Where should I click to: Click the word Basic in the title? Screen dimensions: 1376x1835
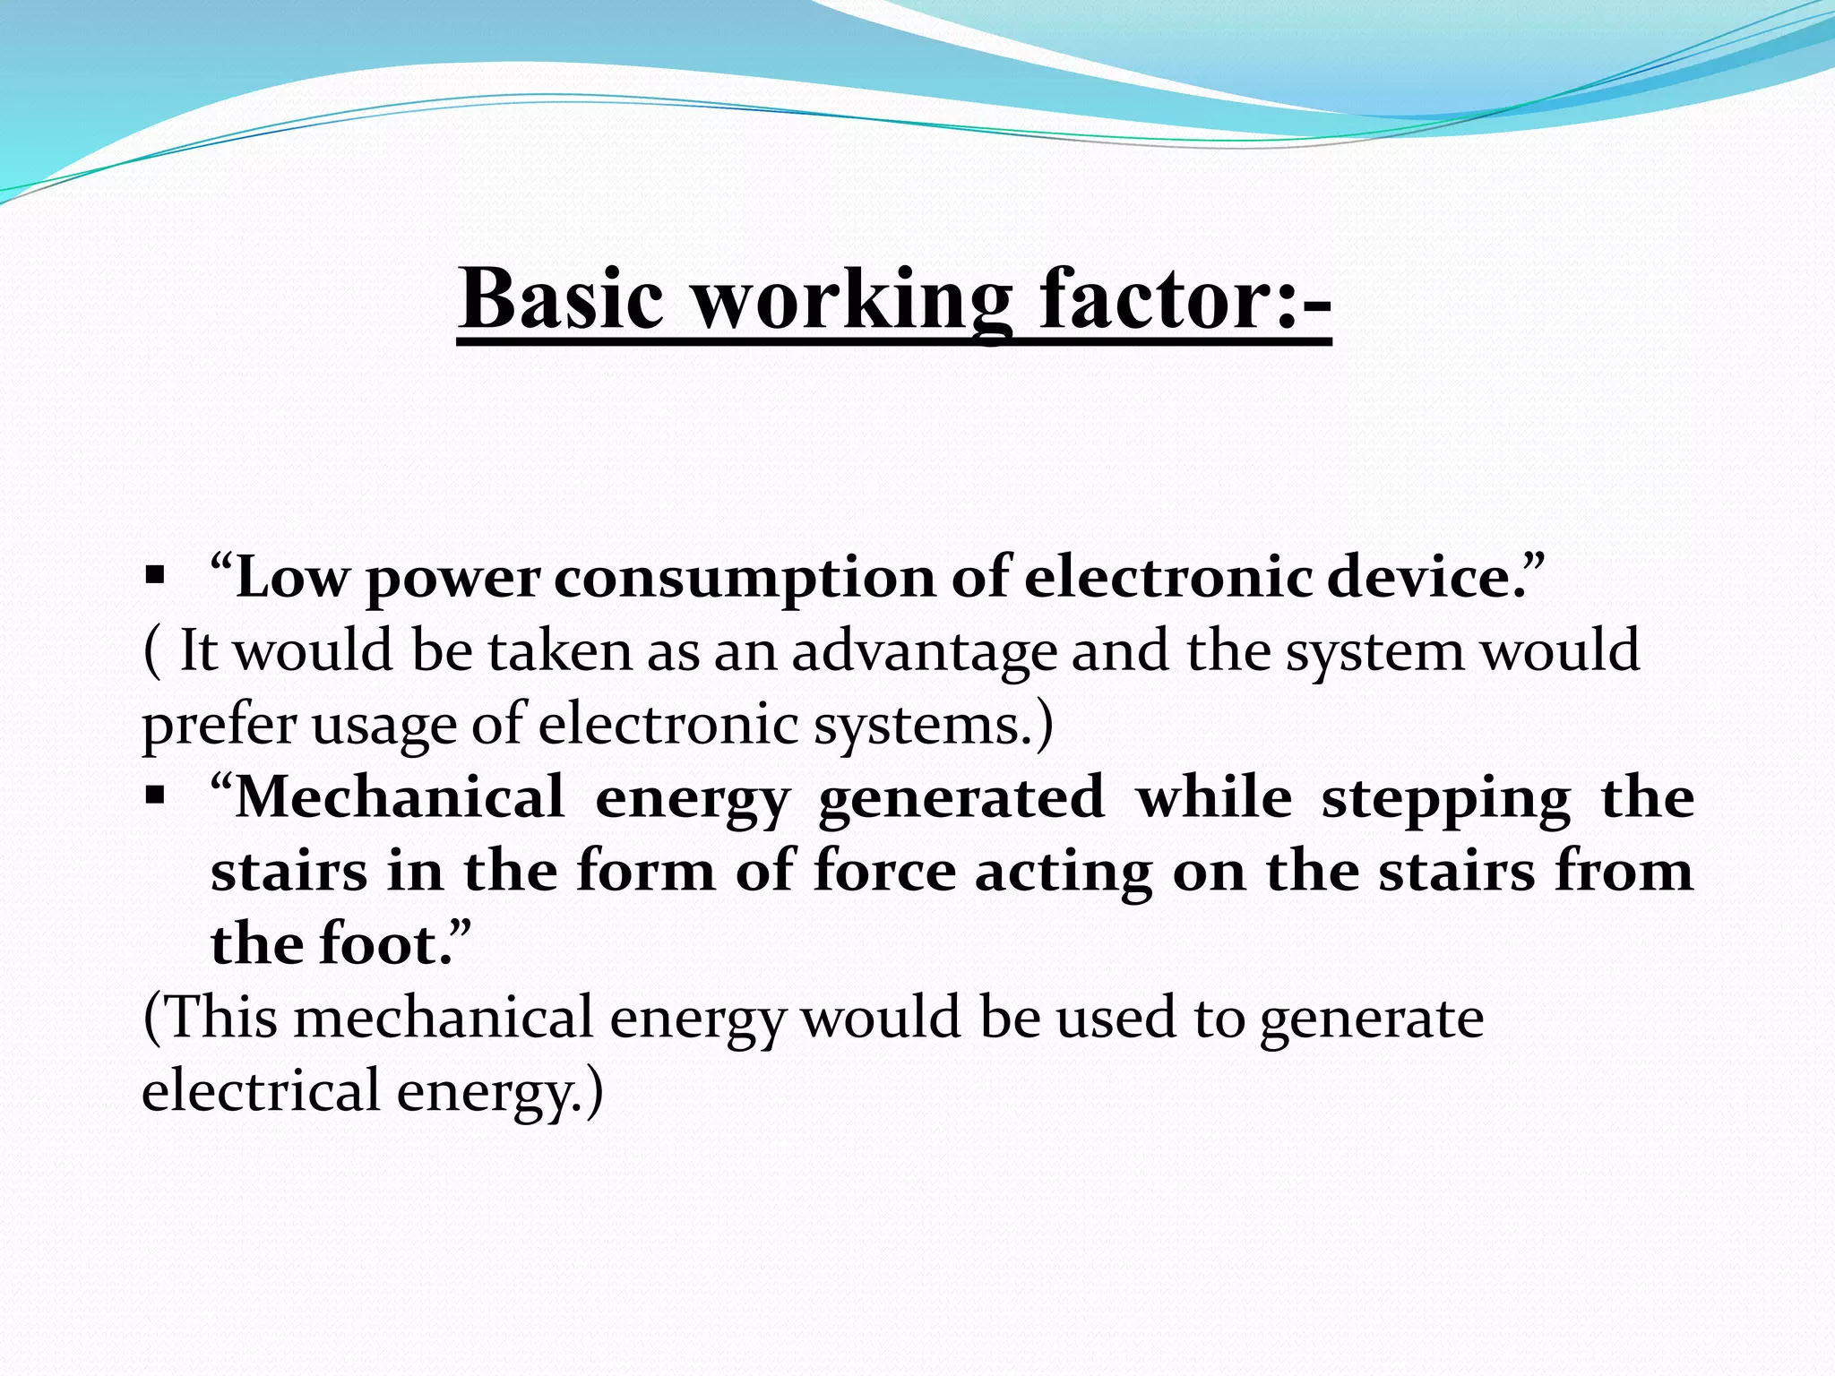click(562, 298)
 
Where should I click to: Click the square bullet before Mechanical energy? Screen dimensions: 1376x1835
click(154, 793)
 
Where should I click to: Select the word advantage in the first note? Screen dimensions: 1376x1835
click(924, 652)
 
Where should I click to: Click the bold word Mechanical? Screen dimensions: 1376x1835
click(400, 796)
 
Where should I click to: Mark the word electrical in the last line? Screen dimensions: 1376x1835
click(261, 1091)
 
